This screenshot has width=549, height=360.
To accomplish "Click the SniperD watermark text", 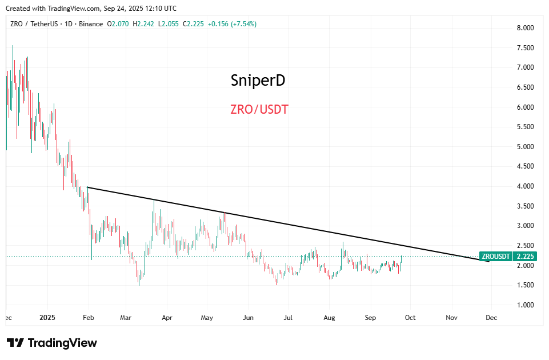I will click(258, 81).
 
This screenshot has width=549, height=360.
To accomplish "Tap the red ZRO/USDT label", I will click(259, 109).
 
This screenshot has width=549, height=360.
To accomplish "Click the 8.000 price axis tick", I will click(524, 28).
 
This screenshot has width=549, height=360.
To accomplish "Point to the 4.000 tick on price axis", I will click(524, 186).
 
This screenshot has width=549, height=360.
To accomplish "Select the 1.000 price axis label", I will click(524, 305).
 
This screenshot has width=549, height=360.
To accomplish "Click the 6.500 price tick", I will click(524, 87).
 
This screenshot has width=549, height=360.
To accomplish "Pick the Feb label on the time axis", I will click(89, 317).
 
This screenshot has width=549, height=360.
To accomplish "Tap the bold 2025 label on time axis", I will click(47, 317).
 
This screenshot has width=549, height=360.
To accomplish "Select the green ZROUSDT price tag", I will click(496, 257).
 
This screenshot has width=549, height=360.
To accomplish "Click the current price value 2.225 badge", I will click(525, 257).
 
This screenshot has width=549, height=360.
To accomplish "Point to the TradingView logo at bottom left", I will click(52, 343).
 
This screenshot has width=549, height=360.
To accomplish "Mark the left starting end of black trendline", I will click(87, 187).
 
